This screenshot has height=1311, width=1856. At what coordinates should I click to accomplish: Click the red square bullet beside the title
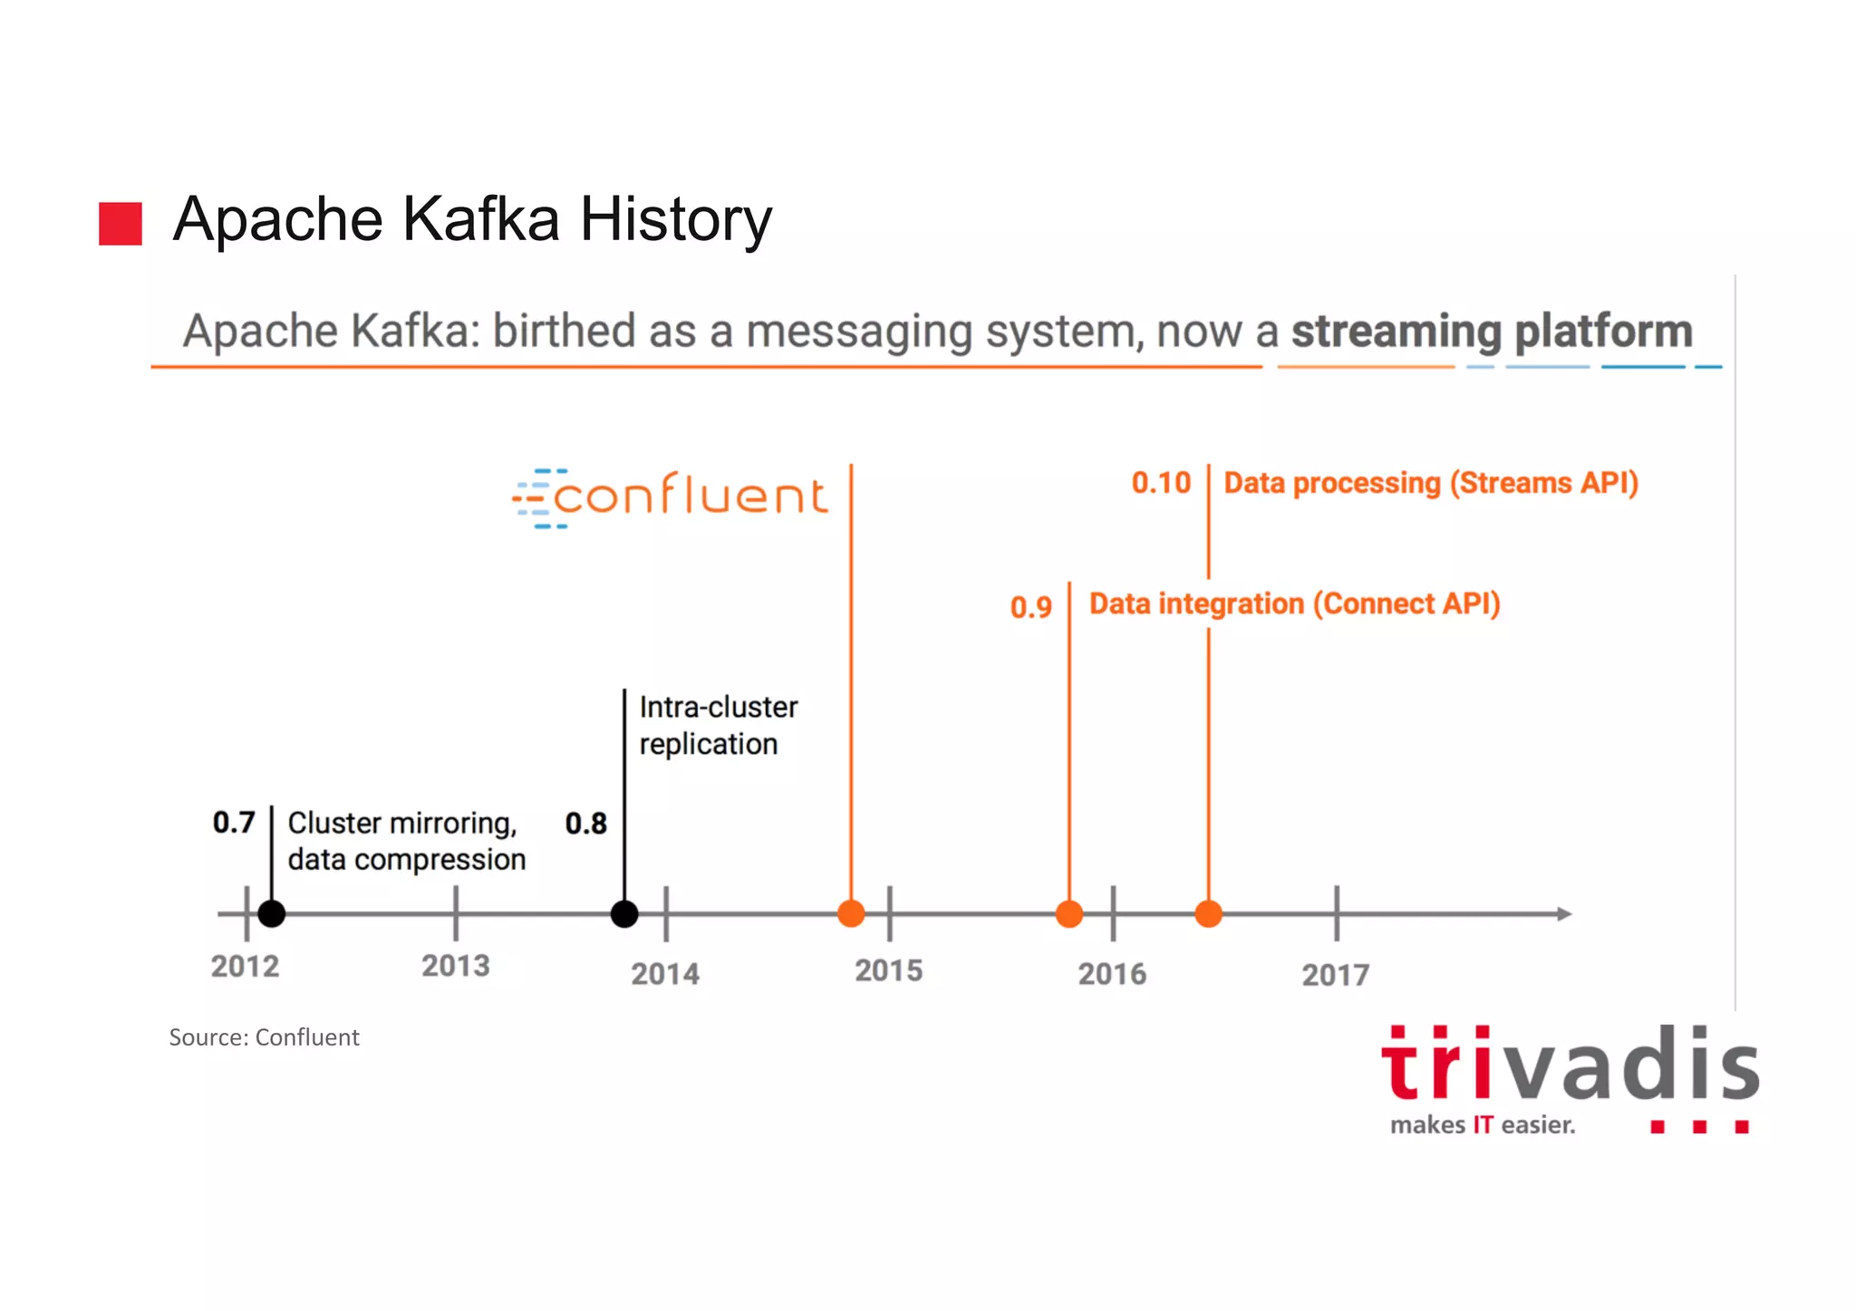coord(121,224)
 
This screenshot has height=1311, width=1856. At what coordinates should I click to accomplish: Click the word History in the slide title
coord(675,220)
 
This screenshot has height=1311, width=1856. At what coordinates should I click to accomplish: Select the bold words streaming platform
coord(1492,332)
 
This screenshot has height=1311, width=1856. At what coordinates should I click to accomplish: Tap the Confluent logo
coord(671,497)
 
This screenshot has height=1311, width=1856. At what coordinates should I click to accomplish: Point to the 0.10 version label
coord(1161,483)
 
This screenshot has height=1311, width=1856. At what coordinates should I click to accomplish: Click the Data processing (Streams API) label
coord(1431,483)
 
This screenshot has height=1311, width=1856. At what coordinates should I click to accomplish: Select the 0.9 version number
coord(1031,607)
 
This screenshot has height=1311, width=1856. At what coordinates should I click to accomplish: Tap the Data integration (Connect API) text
coord(1294,604)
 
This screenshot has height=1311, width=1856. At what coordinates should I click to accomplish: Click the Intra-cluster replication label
coord(718,726)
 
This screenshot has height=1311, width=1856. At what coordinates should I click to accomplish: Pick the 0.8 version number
coord(585,824)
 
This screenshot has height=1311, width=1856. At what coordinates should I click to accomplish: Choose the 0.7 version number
coord(234,823)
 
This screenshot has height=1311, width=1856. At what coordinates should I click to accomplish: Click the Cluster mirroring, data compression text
coord(406,842)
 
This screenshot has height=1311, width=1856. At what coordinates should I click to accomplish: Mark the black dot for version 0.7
coord(272,914)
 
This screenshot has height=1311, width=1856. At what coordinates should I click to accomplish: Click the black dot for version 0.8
coord(624,914)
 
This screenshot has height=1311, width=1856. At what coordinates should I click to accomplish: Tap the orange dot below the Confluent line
coord(851,914)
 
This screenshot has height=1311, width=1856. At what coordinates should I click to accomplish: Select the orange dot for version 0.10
coord(1208,914)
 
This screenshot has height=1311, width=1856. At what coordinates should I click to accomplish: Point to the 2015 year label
coord(888,971)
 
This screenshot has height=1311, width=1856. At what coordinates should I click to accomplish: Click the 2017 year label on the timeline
coord(1335,975)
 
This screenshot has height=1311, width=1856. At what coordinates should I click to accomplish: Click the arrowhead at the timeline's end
coord(1563,914)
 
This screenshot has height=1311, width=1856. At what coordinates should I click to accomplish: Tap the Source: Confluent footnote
coord(264,1037)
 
